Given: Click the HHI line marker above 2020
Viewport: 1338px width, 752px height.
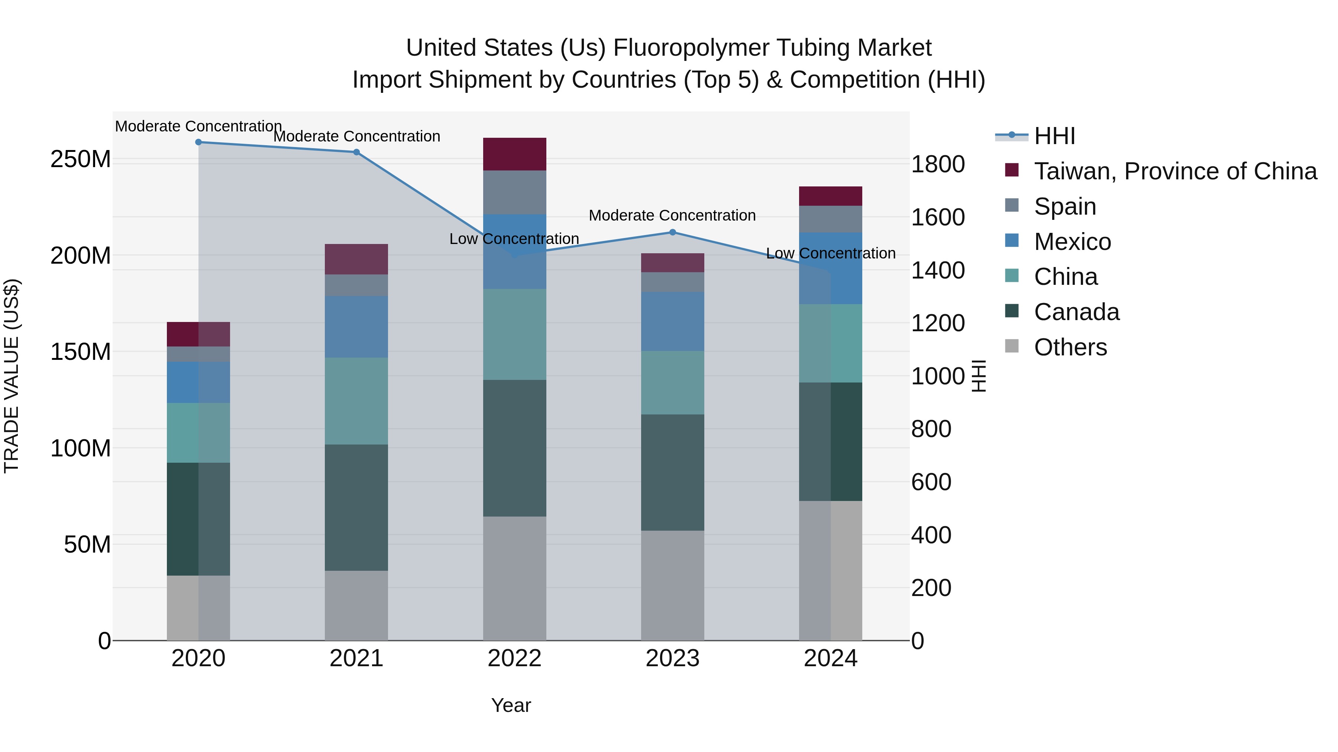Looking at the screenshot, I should [198, 142].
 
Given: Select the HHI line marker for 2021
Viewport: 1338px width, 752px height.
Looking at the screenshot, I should [356, 152].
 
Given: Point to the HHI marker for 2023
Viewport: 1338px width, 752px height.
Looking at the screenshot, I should [673, 232].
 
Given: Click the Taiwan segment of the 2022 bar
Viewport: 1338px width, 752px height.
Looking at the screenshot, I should [514, 154].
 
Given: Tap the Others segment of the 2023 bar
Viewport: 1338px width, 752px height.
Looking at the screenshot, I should [673, 585].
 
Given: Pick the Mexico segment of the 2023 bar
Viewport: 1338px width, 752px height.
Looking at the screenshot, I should [673, 321].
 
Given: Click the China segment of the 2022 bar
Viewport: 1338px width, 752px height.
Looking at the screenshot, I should [514, 334].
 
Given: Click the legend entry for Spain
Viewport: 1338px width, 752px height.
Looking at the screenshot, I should [1065, 206].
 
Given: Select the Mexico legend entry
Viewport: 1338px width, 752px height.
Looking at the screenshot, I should [1072, 241].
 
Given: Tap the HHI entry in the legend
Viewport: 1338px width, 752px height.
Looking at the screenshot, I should [1054, 136].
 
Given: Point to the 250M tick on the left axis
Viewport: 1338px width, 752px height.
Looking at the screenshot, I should [81, 159].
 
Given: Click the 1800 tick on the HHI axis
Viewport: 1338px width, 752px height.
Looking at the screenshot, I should [938, 164].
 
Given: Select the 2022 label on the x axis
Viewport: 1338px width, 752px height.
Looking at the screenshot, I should [514, 658].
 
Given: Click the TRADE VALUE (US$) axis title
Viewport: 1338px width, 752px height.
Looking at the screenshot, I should [12, 376].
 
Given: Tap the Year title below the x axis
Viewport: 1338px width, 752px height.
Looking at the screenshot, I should [511, 705].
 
